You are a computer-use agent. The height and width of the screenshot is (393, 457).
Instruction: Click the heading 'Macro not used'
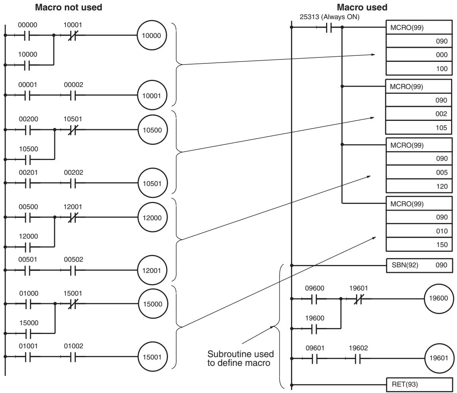(69, 7)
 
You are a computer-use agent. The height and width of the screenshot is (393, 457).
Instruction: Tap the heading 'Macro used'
(362, 7)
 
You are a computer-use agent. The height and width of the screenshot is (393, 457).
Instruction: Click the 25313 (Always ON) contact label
(329, 17)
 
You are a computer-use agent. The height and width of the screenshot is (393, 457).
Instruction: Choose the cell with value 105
(419, 128)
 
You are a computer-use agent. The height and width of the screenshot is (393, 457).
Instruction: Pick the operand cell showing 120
(419, 186)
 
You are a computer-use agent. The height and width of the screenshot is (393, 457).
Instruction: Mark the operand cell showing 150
(419, 245)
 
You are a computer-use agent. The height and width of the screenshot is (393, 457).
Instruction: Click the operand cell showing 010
(419, 231)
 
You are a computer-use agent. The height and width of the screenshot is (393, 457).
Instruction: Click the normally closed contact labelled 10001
(72, 36)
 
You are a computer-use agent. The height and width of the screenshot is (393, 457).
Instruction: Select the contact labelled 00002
(73, 95)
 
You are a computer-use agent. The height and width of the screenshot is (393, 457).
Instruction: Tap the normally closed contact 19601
(358, 298)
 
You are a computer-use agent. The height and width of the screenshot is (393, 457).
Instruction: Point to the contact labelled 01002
(73, 357)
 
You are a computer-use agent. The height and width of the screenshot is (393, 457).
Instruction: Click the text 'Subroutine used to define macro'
(240, 358)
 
